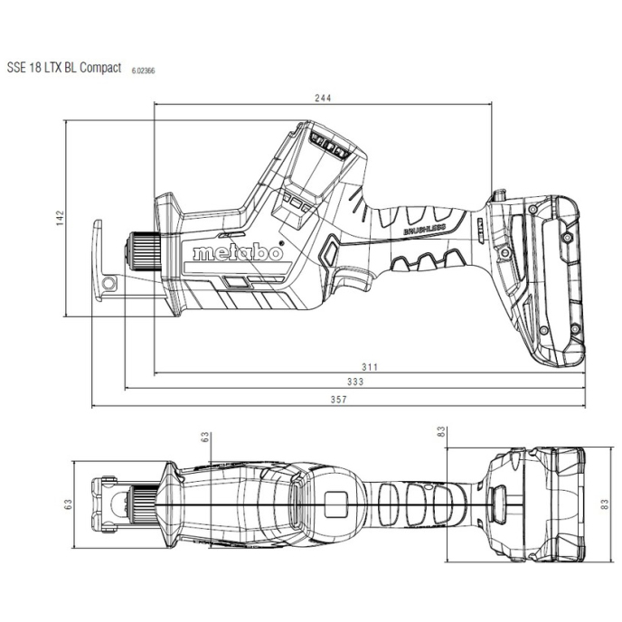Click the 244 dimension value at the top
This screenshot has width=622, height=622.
coord(323,98)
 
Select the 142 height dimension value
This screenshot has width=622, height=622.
coord(60,218)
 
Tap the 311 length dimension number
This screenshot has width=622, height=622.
coord(370,367)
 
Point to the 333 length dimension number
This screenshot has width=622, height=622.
coord(355,382)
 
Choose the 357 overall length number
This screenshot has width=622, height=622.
coord(339,400)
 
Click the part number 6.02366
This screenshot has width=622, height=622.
coord(143,71)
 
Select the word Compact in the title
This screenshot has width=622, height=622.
coord(100,68)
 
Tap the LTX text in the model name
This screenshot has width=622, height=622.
coord(53,68)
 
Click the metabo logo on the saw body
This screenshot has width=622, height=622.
coord(238,253)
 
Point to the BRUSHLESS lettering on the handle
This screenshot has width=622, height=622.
coord(425,229)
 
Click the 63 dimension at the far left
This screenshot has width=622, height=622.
coord(68,504)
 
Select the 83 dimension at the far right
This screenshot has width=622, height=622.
coord(605,504)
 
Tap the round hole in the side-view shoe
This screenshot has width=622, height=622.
coord(108,283)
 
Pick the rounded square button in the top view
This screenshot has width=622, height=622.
coord(335,504)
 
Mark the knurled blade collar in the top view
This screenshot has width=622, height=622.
coord(143,504)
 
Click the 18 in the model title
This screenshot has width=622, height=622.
coord(35,68)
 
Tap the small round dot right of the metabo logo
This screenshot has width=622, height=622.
coord(281,242)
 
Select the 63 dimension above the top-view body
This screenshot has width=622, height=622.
coord(204,438)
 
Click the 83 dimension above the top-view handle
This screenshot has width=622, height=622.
coord(441,431)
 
